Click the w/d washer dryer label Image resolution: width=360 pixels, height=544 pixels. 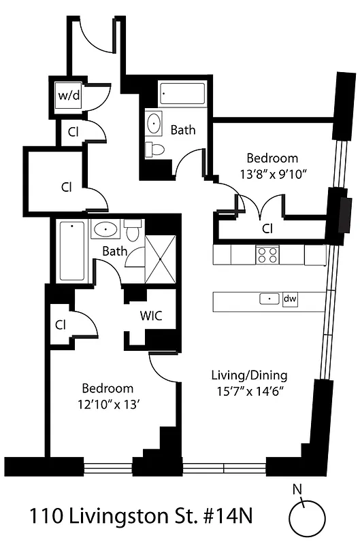[x=69, y=95]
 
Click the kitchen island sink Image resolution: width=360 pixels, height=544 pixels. [x=270, y=299]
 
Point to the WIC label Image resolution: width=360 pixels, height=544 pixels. [x=150, y=316]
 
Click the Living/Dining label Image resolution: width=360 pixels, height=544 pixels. [x=248, y=375]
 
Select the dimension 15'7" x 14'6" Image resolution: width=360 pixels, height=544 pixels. [x=248, y=391]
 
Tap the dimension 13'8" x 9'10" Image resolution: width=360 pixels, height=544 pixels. [x=272, y=173]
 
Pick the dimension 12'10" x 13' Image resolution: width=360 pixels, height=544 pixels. [x=108, y=405]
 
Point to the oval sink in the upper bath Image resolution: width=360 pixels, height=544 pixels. [x=154, y=124]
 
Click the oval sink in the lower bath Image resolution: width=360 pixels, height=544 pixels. [x=105, y=228]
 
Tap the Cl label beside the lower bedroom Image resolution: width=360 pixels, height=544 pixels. [x=61, y=324]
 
